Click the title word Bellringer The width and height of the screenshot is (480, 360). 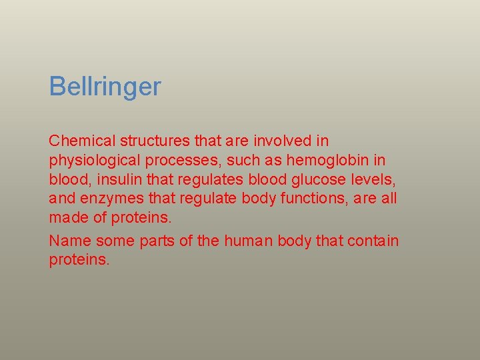[105, 87]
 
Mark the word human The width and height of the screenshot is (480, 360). [246, 241]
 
